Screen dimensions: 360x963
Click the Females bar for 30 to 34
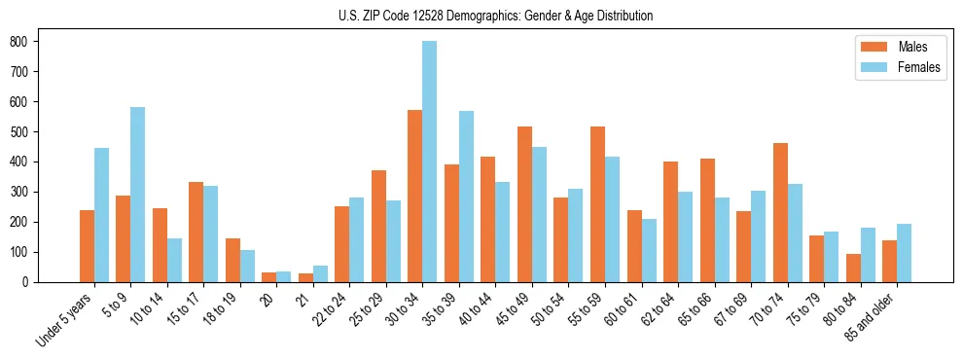tap(430, 162)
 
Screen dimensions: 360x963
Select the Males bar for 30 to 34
tap(415, 196)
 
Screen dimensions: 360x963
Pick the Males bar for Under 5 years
tap(87, 246)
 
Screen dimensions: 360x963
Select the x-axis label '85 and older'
tap(873, 316)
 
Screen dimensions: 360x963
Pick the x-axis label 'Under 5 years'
tap(64, 319)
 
